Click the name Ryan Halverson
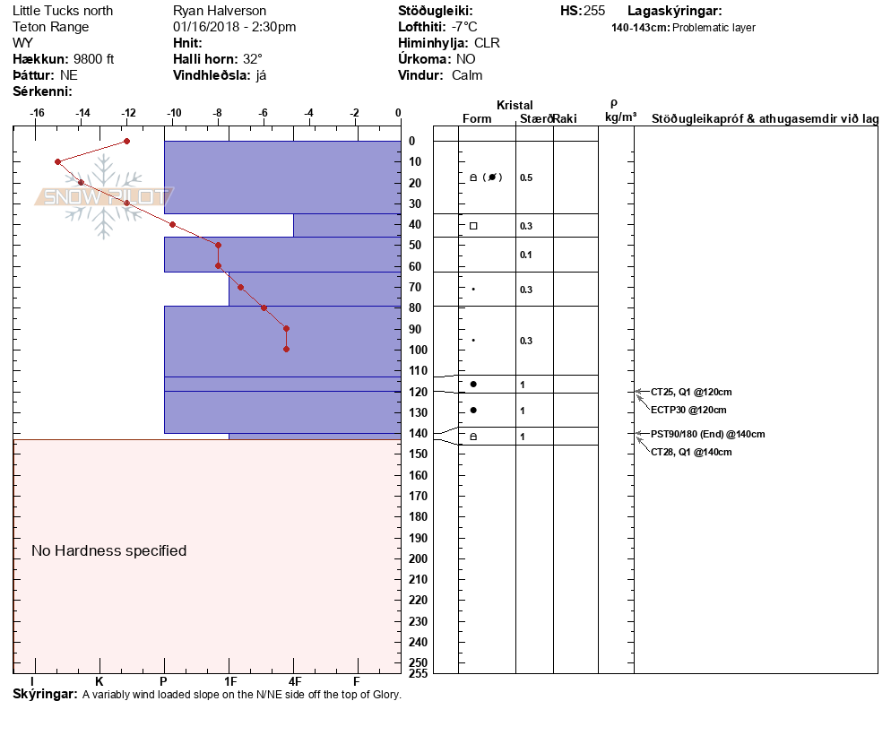(x=219, y=11)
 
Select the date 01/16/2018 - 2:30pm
(x=234, y=27)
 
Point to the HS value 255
(x=594, y=11)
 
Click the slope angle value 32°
(x=253, y=59)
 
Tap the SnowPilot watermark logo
(x=104, y=197)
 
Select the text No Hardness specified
(x=109, y=550)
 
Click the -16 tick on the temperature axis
(x=38, y=113)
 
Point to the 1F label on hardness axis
(x=230, y=681)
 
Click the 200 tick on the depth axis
(x=418, y=558)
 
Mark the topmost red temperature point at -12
(x=127, y=141)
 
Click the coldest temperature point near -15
(x=58, y=161)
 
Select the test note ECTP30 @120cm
(x=688, y=410)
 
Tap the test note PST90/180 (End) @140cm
(x=708, y=434)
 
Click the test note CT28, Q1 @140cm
(x=691, y=452)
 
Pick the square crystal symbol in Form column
(x=473, y=226)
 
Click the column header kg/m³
(x=620, y=117)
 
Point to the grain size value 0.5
(x=526, y=177)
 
